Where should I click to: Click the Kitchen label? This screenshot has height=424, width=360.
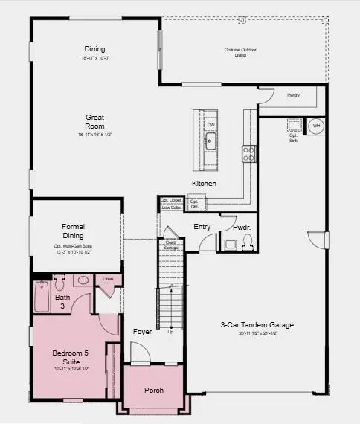pyautogui.click(x=204, y=183)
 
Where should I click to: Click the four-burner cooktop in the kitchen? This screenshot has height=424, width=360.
pyautogui.click(x=248, y=153)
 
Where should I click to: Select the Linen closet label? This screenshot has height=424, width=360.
pyautogui.click(x=109, y=279)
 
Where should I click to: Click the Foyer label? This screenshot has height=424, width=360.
pyautogui.click(x=142, y=331)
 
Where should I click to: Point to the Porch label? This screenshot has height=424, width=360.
pyautogui.click(x=153, y=391)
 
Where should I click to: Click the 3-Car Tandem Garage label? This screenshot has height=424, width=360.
pyautogui.click(x=257, y=325)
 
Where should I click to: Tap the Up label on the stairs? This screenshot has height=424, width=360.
pyautogui.click(x=170, y=332)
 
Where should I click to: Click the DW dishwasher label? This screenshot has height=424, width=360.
pyautogui.click(x=210, y=124)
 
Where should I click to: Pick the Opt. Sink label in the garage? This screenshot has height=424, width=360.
pyautogui.click(x=293, y=136)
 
